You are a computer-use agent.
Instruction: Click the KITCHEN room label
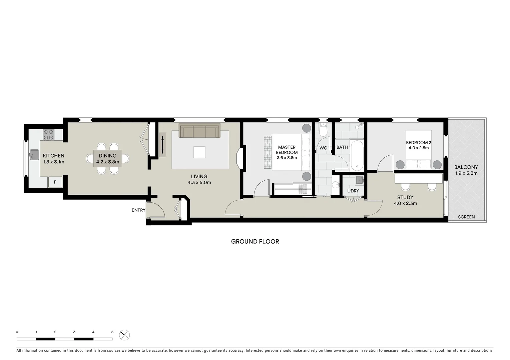[x=53, y=156]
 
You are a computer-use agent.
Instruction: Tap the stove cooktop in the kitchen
[x=48, y=134]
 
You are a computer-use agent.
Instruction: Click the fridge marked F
[x=55, y=182]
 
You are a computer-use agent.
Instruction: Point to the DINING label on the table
[x=107, y=156]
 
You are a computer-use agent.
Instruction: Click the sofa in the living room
[x=199, y=131]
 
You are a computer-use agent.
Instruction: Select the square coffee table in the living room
[x=200, y=152]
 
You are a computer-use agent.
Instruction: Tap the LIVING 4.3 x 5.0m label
[x=199, y=179]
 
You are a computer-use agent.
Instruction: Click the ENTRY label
[x=138, y=210]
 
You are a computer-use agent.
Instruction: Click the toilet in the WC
[x=323, y=130]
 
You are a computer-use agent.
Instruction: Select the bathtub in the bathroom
[x=357, y=155]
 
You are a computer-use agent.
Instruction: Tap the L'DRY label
[x=353, y=191]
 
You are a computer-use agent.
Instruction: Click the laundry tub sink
[x=360, y=180]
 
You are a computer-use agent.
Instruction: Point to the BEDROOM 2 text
[x=418, y=143]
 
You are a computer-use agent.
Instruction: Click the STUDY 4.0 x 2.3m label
[x=405, y=200]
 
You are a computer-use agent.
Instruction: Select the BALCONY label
[x=466, y=167]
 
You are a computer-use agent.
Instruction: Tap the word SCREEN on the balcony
[x=466, y=217]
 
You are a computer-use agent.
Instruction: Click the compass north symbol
[x=124, y=335]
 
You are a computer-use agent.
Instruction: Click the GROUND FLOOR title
[x=255, y=241]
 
